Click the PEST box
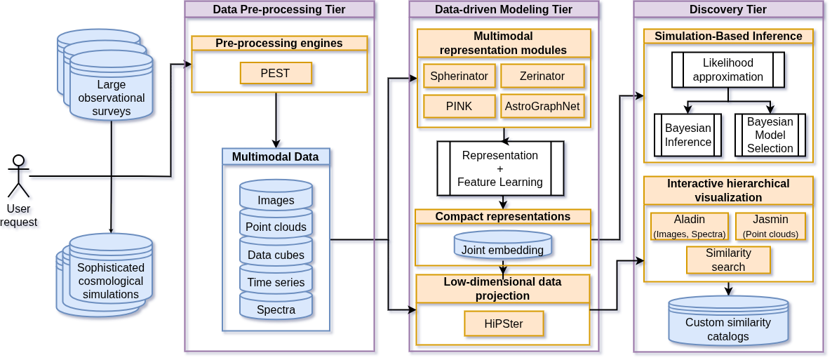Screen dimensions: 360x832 [x=276, y=73]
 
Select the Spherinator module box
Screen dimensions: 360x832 [x=459, y=76]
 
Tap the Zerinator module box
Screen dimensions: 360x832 [x=542, y=76]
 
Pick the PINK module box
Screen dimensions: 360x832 [x=459, y=107]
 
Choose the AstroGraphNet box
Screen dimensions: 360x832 [x=542, y=107]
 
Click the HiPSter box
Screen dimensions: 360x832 [x=503, y=324]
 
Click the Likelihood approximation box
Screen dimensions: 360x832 [x=727, y=70]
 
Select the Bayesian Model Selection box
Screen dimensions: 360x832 [x=770, y=135]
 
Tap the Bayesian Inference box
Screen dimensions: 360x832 [x=687, y=135]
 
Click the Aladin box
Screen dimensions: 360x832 [x=690, y=226]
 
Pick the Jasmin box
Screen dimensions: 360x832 [x=770, y=226]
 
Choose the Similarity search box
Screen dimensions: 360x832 [x=728, y=260]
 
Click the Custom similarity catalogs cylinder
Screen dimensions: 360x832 [x=728, y=322]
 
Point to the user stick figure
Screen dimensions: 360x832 [x=19, y=176]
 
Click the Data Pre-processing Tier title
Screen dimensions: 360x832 [x=279, y=9]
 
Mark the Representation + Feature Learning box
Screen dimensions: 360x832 [x=500, y=168]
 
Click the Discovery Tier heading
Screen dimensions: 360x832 [x=728, y=9]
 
